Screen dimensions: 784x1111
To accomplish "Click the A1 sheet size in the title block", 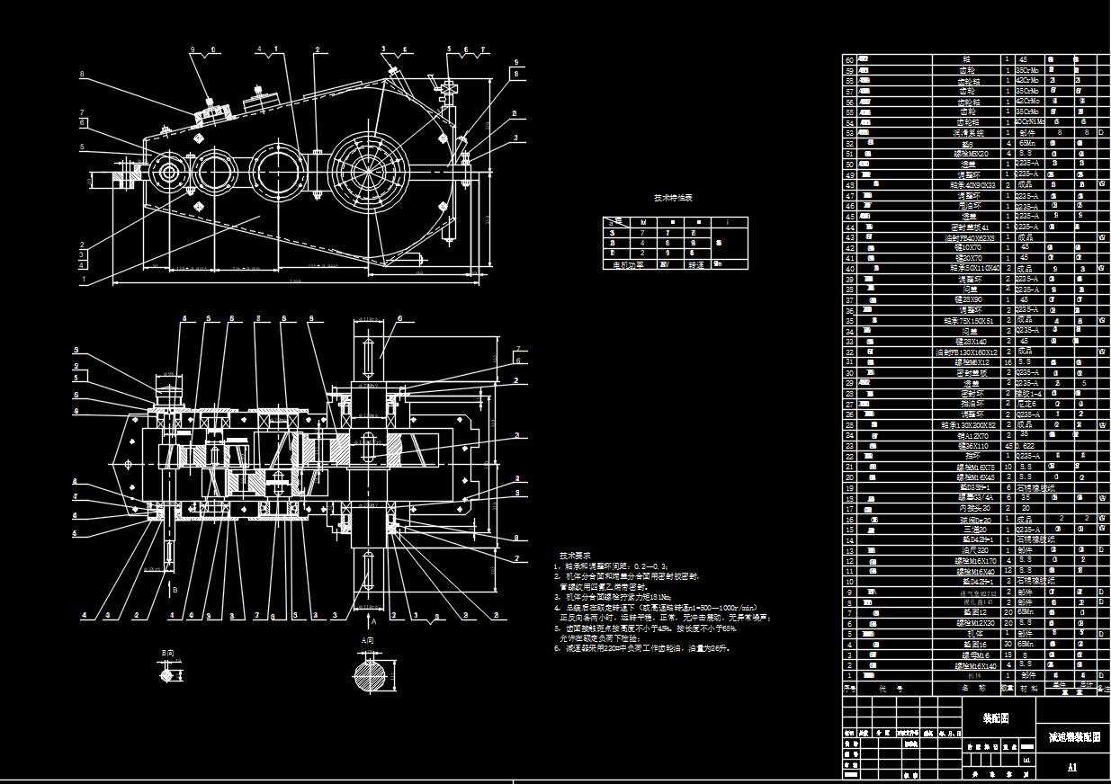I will pyautogui.click(x=1071, y=768).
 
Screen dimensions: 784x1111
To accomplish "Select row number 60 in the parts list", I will pyautogui.click(x=848, y=59).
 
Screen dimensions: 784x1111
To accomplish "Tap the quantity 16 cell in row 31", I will pyautogui.click(x=1008, y=362).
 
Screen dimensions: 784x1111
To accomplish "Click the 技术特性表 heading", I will pyautogui.click(x=673, y=198).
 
